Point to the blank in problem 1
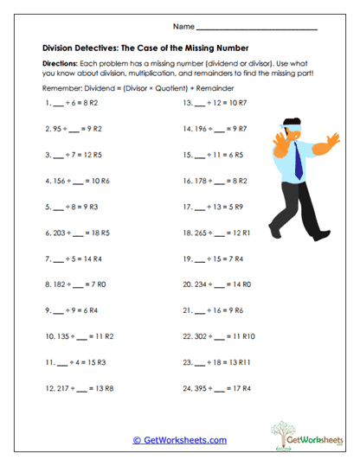click(59, 104)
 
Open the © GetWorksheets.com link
click(180, 440)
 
